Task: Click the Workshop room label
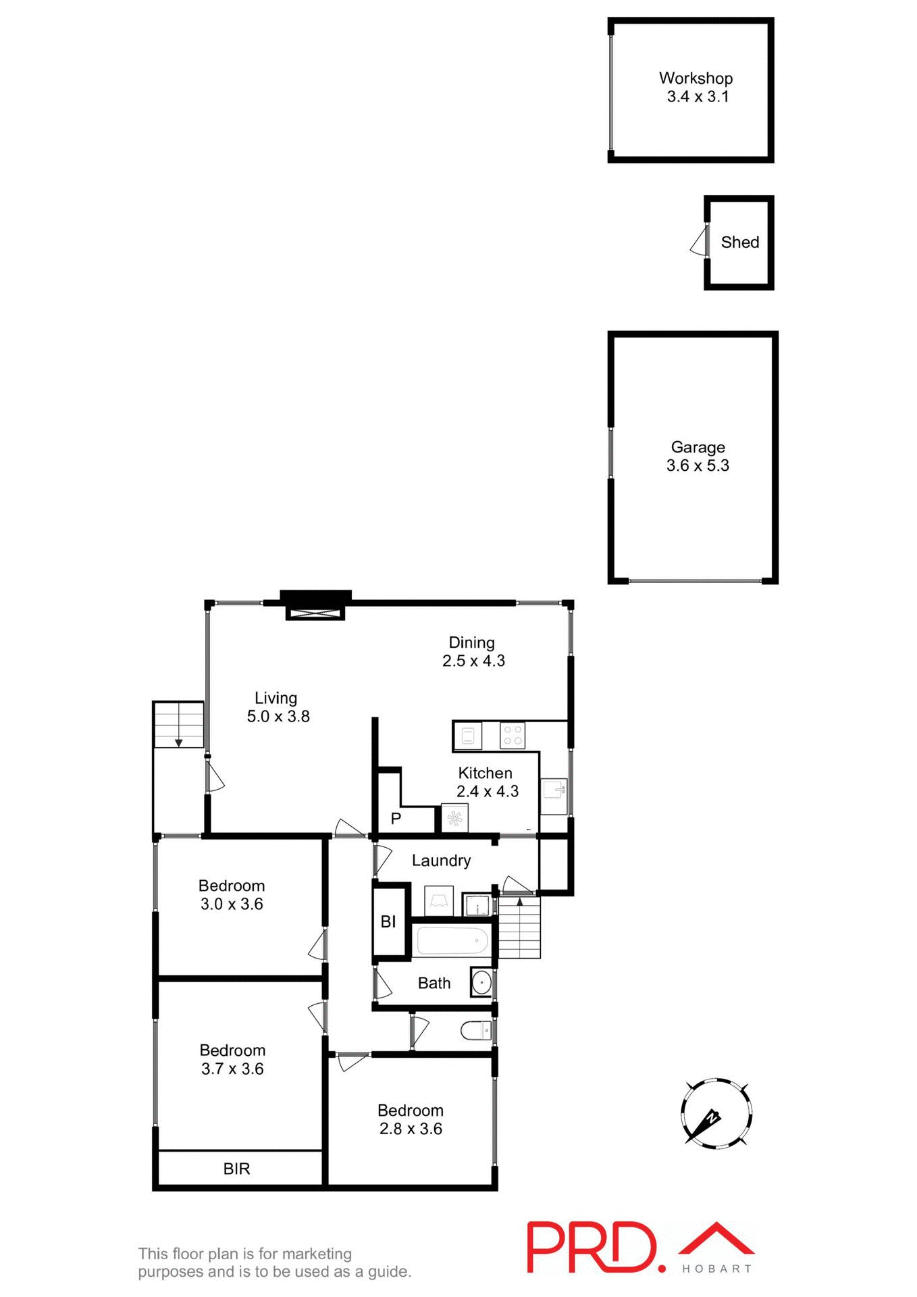[696, 78]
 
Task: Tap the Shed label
[739, 242]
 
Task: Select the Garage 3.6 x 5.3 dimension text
[698, 465]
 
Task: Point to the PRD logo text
[593, 1247]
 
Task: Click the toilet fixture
[476, 1031]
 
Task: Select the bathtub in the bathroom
[452, 940]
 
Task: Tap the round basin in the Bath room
[481, 982]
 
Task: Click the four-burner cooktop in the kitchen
[513, 736]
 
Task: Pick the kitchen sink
[554, 788]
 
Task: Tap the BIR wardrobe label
[236, 1169]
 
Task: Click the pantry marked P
[396, 818]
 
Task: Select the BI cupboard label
[388, 921]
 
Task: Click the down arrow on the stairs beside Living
[179, 742]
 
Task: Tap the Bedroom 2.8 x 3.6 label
[411, 1119]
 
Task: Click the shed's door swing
[699, 242]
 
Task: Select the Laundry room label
[441, 861]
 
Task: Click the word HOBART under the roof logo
[716, 1269]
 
